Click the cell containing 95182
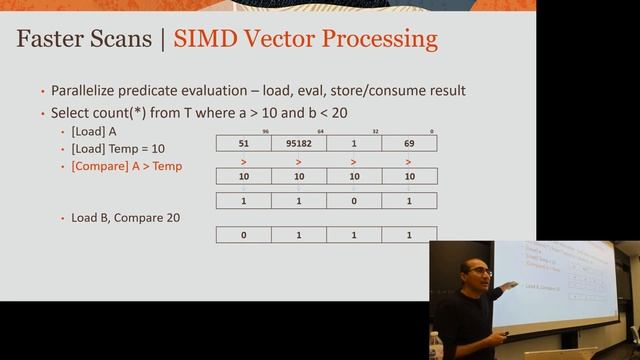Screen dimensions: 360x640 coord(298,143)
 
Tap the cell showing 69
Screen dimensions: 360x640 coord(409,143)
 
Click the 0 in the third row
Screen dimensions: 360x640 coord(354,200)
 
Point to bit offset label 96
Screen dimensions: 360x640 coord(266,131)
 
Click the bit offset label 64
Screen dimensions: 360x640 coord(322,131)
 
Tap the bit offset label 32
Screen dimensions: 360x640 coord(378,131)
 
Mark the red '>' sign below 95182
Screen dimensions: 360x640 coord(298,160)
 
